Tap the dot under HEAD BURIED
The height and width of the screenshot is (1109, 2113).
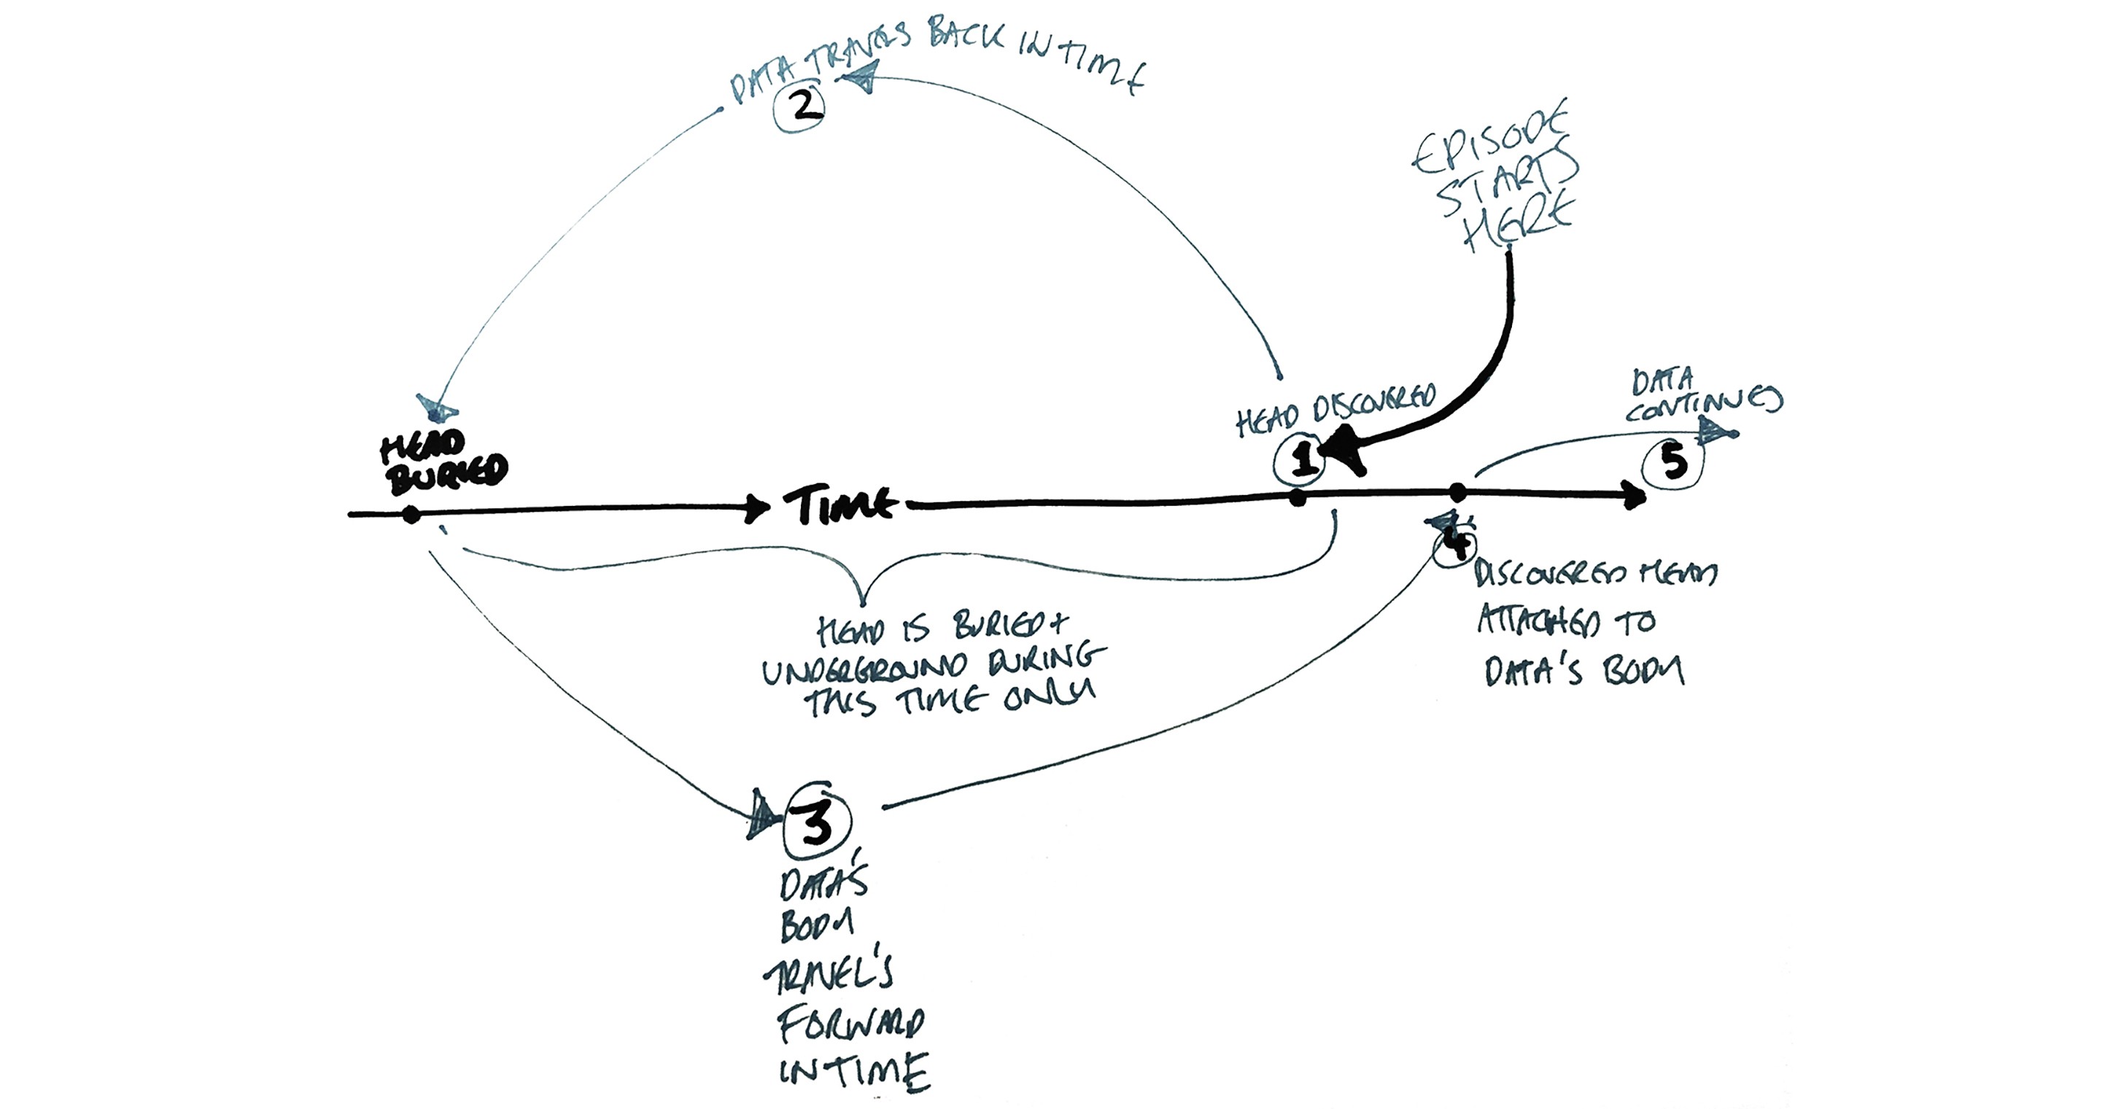coord(412,515)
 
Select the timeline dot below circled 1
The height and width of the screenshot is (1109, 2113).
coord(1297,498)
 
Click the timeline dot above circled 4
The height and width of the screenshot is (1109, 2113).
coord(1457,493)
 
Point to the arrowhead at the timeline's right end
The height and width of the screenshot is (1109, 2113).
coord(1634,496)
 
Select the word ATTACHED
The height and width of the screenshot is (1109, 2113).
coord(1539,623)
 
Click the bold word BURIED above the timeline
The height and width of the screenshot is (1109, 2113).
coord(448,474)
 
